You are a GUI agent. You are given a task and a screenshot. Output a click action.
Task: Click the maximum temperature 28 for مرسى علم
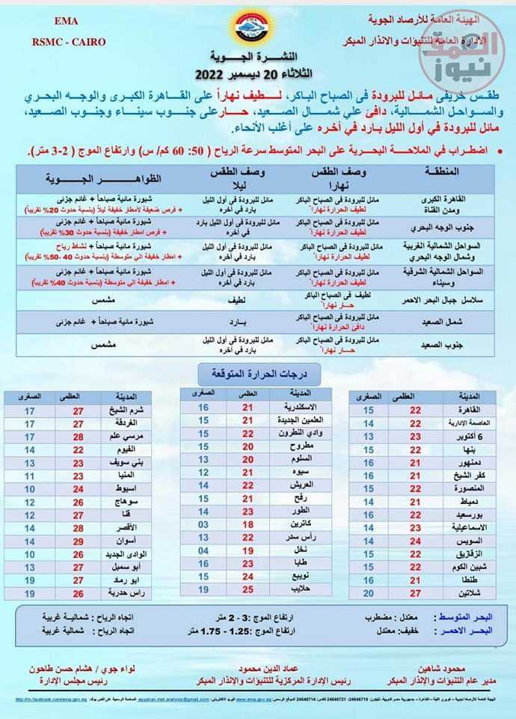point(78,437)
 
